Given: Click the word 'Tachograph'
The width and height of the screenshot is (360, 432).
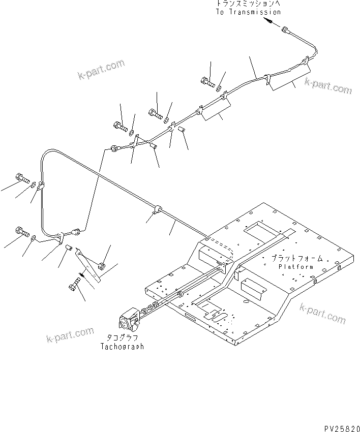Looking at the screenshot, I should (x=122, y=347).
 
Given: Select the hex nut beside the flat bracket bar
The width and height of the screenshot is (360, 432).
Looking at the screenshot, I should (x=101, y=265).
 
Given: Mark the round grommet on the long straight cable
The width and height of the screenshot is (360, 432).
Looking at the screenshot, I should (x=157, y=209).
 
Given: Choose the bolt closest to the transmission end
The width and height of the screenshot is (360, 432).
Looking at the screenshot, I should (x=207, y=80).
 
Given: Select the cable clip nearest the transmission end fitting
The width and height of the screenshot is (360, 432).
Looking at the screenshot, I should (x=305, y=63).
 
